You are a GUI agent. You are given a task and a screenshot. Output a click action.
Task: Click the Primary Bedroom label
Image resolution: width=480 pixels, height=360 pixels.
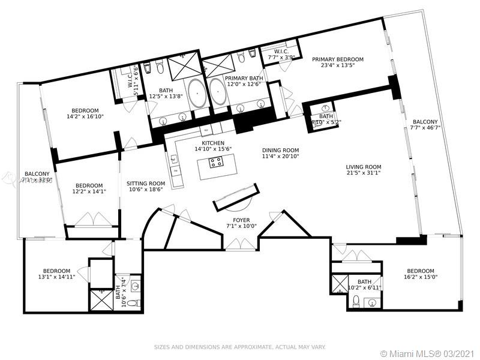coord(338,59)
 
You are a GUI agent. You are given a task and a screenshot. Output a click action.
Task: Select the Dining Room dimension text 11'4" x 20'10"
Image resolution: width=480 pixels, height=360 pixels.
coord(280,157)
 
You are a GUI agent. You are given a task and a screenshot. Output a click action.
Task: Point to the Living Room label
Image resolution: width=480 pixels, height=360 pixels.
coord(363,167)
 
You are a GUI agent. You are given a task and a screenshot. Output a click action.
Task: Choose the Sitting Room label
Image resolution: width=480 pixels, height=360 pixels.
coord(145,184)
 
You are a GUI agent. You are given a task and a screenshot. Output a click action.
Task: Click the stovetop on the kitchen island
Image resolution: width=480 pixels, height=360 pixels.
coord(215,161)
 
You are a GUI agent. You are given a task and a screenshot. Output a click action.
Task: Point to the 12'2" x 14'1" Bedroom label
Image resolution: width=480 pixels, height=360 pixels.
coord(88,185)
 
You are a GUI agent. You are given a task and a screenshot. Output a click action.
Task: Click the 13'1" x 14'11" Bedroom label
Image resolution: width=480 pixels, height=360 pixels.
coord(55,271)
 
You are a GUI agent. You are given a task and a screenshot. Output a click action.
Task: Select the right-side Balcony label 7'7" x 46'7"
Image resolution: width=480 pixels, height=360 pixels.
coord(425,122)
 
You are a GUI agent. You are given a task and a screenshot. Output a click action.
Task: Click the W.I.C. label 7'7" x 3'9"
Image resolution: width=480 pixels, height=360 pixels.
coord(282,52)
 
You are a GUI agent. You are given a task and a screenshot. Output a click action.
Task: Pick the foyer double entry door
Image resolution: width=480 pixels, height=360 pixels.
coord(242,244)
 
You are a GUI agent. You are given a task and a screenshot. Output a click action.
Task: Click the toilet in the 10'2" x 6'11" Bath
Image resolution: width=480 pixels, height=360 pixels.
coord(356,301)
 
